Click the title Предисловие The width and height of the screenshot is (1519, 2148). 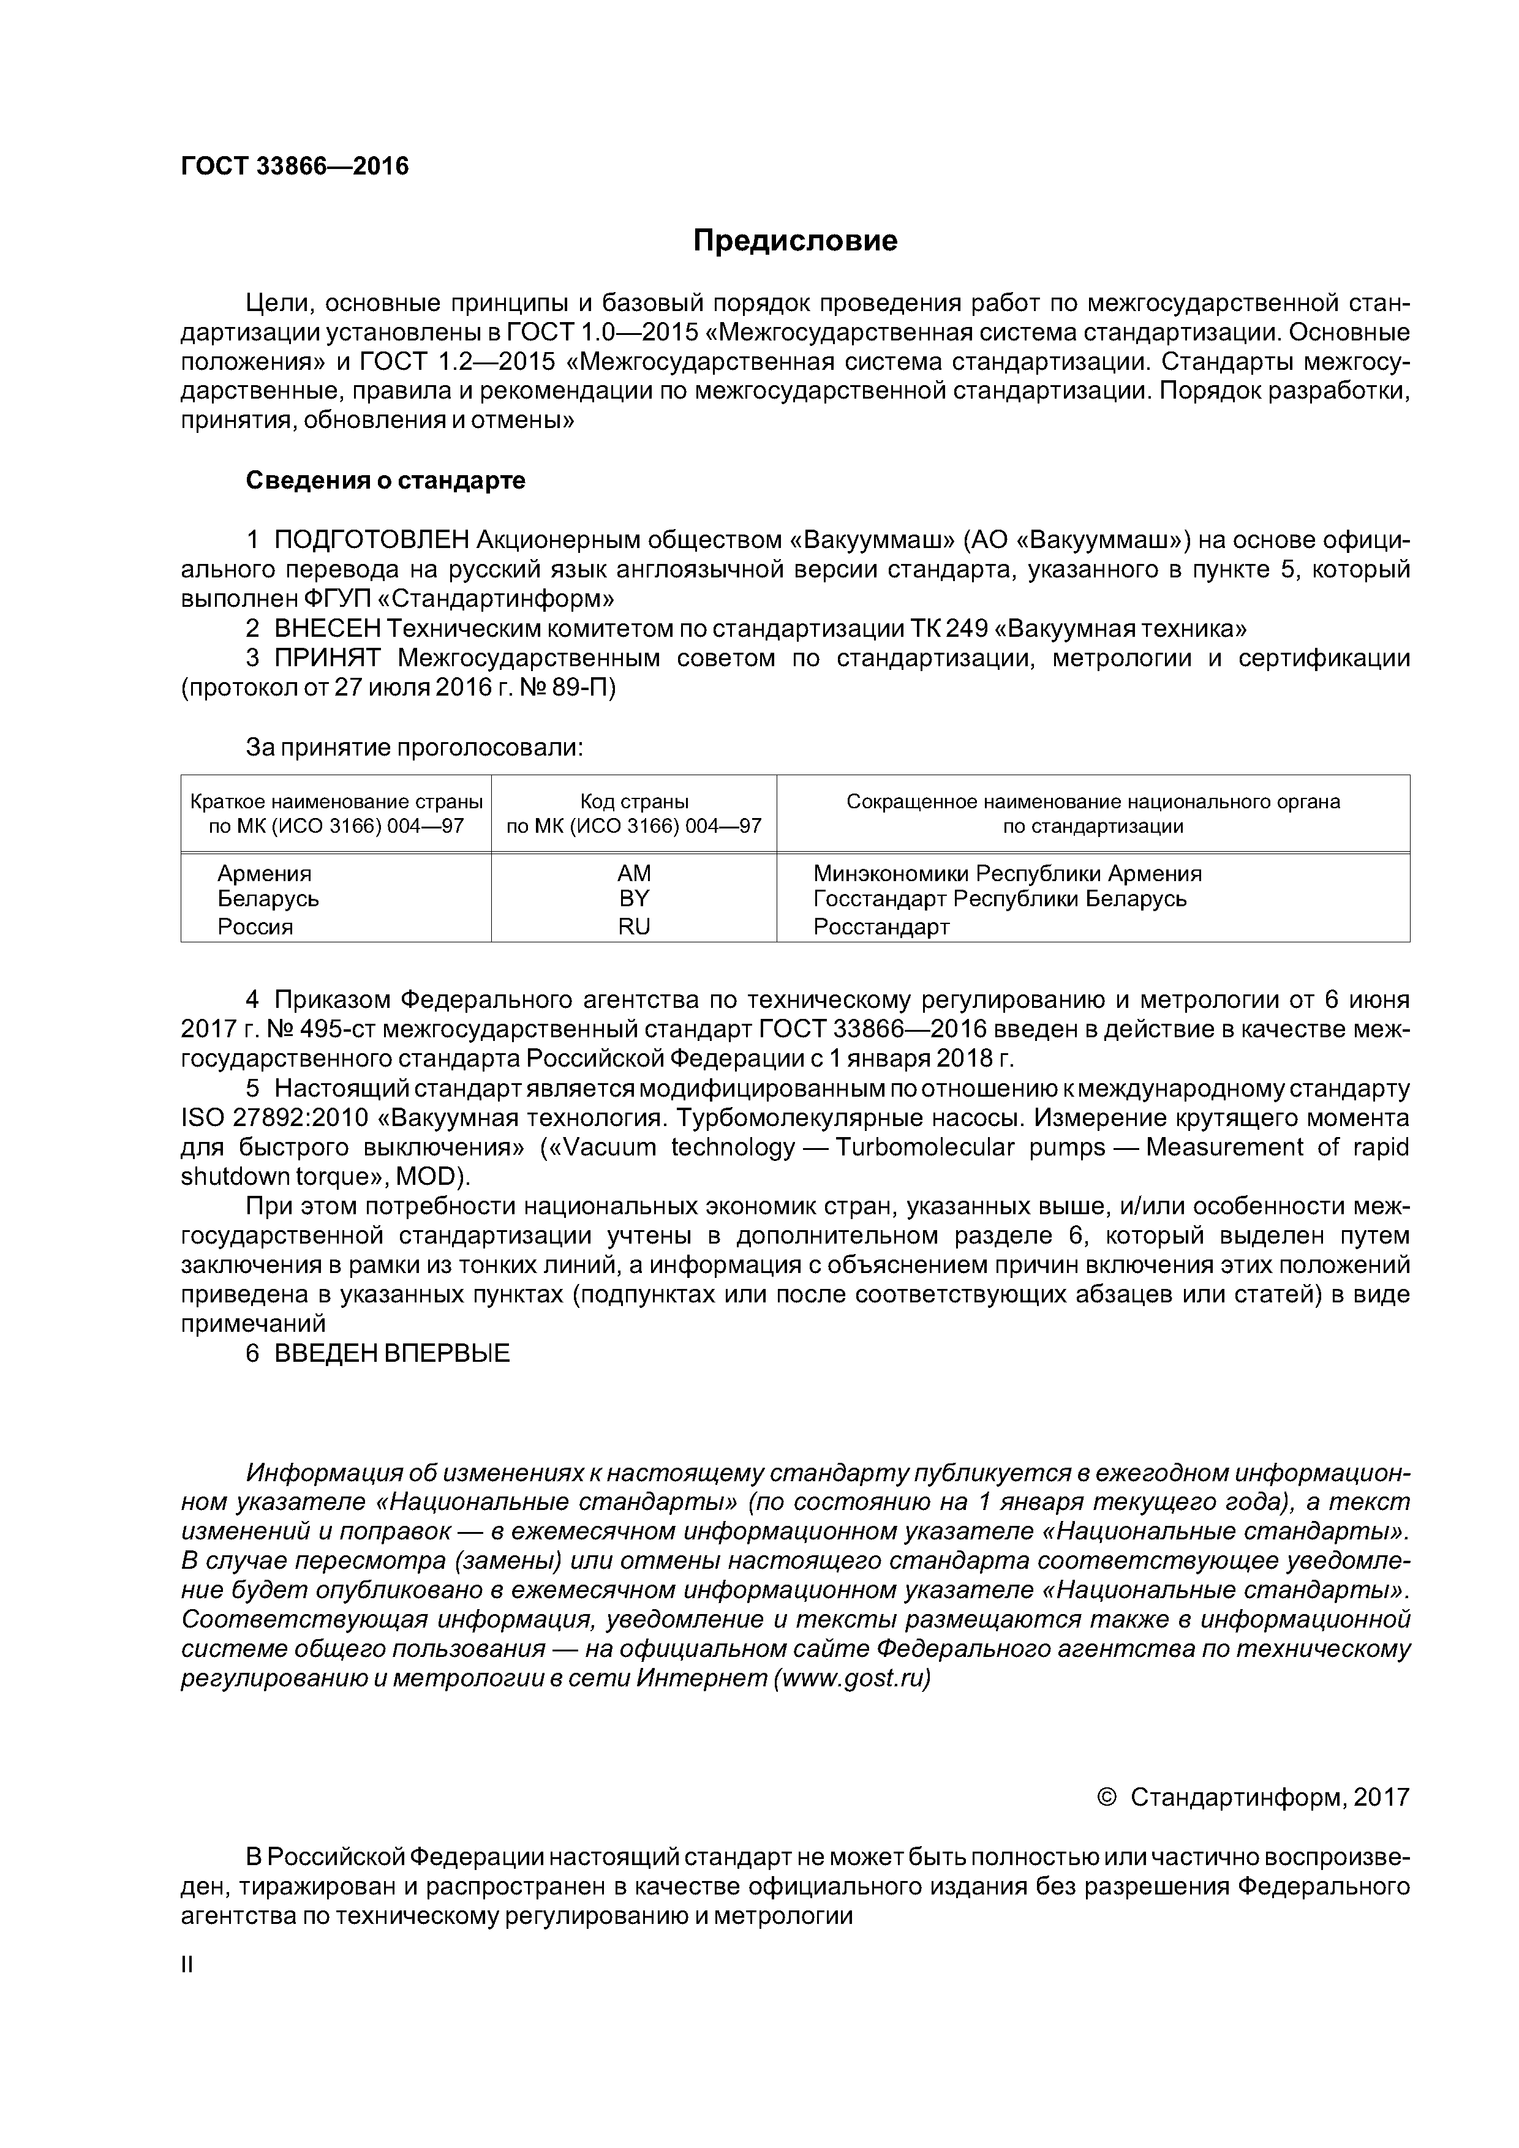[794, 241]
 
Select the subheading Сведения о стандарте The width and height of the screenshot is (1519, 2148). [386, 481]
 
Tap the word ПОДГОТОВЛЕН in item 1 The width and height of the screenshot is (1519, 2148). [372, 540]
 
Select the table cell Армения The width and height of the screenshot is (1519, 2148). [265, 873]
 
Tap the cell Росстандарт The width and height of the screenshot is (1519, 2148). [881, 926]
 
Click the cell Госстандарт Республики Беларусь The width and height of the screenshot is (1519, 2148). [1000, 898]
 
